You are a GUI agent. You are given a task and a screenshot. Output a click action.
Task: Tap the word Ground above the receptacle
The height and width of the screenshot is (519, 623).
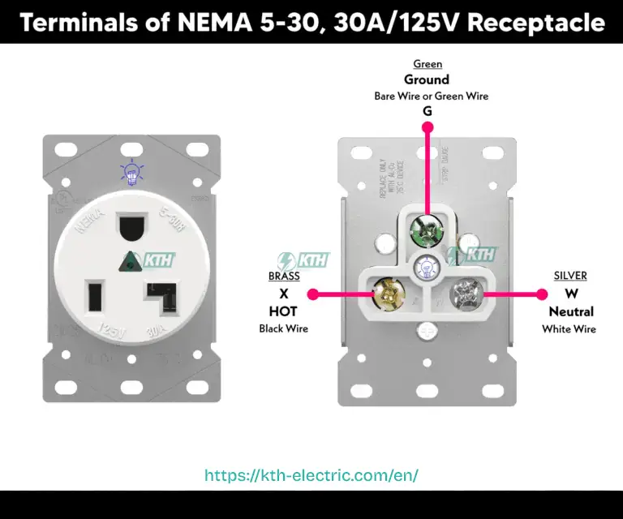tap(427, 79)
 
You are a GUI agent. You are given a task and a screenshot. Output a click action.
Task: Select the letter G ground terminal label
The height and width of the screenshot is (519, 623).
tap(427, 111)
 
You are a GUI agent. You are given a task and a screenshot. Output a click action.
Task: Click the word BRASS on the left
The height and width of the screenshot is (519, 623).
tap(284, 276)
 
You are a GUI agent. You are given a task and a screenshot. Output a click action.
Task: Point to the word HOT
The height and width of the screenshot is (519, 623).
tap(283, 311)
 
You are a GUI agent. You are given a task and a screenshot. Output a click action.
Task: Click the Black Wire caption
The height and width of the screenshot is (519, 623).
tap(283, 328)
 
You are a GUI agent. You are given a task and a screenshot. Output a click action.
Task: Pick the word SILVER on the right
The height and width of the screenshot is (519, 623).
tap(570, 276)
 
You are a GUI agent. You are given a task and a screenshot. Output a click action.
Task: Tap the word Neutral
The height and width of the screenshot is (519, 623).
tap(570, 311)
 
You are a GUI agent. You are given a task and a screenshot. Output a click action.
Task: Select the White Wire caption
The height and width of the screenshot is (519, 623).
tap(569, 328)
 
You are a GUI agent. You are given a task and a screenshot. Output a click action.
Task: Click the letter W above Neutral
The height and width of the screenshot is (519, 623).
tap(571, 293)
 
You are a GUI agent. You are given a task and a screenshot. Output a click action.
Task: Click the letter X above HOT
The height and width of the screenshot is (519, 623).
tap(283, 293)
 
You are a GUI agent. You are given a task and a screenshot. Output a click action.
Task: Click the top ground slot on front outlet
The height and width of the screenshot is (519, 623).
tap(130, 226)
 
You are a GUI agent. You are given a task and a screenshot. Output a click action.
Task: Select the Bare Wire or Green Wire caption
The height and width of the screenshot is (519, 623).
tap(431, 96)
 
